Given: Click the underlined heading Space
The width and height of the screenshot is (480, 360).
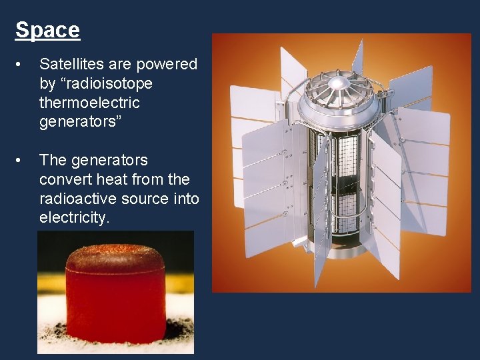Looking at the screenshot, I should [47, 30].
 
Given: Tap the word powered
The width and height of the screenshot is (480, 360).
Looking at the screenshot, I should [168, 64].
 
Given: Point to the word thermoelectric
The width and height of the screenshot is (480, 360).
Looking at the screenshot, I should [89, 103].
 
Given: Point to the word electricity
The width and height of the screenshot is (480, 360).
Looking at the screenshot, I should [73, 218].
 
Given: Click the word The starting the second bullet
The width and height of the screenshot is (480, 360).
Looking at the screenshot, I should [53, 160].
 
